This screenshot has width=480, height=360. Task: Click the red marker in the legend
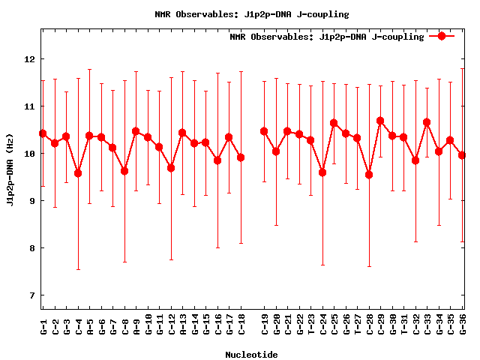pyautogui.click(x=442, y=36)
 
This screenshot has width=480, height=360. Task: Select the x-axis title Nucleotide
pyautogui.click(x=251, y=354)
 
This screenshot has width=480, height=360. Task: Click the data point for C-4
pyautogui.click(x=78, y=173)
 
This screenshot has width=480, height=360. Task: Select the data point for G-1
pyautogui.click(x=43, y=133)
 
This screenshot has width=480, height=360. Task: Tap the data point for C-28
pyautogui.click(x=369, y=175)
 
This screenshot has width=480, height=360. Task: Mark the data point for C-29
pyautogui.click(x=380, y=121)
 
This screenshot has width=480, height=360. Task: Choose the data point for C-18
pyautogui.click(x=241, y=157)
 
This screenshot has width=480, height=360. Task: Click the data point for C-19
pyautogui.click(x=264, y=131)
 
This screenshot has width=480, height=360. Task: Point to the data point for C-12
pyautogui.click(x=171, y=168)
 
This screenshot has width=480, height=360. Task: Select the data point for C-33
pyautogui.click(x=427, y=122)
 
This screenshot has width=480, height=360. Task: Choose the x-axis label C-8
pyautogui.click(x=124, y=325)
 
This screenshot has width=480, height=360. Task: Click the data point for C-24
pyautogui.click(x=322, y=172)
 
